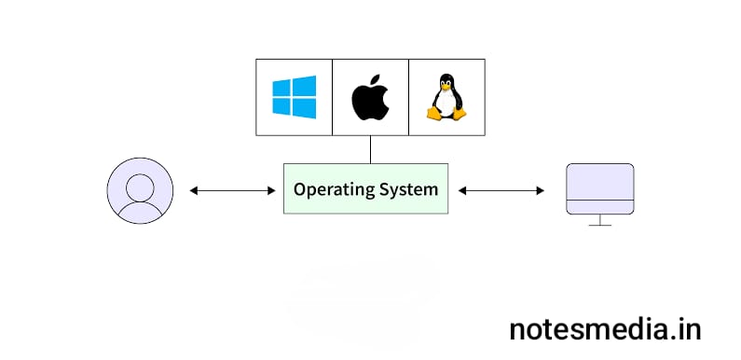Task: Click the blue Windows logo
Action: [294, 97]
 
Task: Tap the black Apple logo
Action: [370, 99]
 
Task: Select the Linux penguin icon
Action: [446, 97]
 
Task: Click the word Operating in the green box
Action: [329, 189]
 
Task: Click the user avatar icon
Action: [140, 190]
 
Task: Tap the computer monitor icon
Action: [600, 192]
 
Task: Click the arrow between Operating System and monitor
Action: [501, 190]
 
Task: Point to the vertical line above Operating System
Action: [370, 149]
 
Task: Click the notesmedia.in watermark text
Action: [606, 328]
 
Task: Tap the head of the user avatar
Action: [140, 184]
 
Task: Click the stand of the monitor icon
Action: [600, 221]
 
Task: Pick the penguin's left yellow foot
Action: [433, 114]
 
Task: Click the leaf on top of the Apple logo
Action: [374, 82]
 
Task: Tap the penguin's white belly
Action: [446, 104]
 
